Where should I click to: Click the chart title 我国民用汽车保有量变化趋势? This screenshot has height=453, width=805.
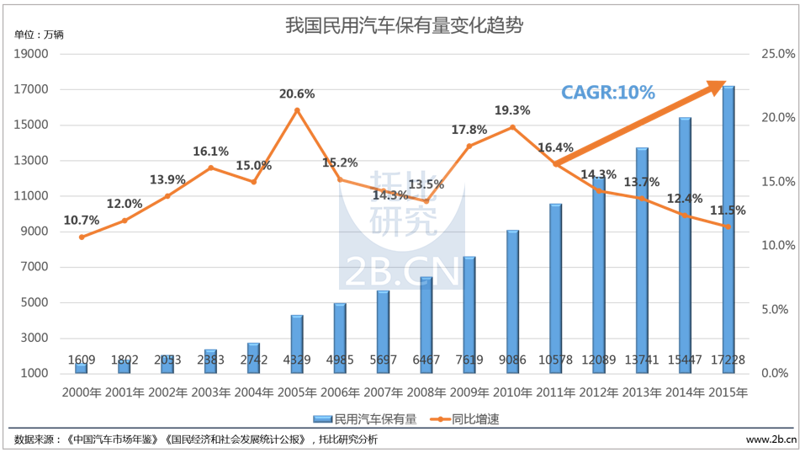[x=404, y=25]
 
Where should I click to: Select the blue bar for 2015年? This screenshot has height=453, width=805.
[x=728, y=227]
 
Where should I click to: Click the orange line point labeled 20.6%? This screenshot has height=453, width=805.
[x=296, y=110]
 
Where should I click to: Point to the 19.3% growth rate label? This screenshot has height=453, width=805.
[x=512, y=110]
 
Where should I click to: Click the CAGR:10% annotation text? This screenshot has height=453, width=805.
[x=608, y=93]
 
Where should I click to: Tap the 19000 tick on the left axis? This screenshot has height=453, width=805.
[x=33, y=54]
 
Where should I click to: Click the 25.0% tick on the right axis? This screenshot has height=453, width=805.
[x=777, y=54]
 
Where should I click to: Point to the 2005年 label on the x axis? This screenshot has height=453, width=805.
[x=296, y=392]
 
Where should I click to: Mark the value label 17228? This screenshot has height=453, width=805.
[x=728, y=360]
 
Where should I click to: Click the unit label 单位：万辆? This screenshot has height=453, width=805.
[x=39, y=35]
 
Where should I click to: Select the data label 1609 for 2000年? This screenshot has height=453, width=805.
[x=81, y=360]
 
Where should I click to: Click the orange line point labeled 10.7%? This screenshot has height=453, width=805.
[x=81, y=237]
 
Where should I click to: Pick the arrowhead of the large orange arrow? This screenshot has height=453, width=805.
[x=716, y=85]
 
